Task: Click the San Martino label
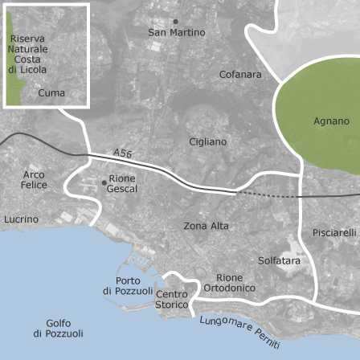point(177,33)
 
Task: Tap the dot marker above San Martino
point(176,21)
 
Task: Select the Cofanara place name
point(240,75)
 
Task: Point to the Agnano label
point(331,121)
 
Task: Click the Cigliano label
point(207,141)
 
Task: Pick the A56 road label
point(122,153)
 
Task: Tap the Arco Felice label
point(35,179)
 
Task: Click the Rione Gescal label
point(122,183)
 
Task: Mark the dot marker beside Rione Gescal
point(104,182)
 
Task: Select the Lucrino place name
point(21,219)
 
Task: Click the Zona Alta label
point(207,226)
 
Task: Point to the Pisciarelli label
point(334,233)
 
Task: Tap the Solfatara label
point(279,260)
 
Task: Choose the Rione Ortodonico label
point(230,282)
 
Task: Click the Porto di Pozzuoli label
point(128,286)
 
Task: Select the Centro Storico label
point(171,300)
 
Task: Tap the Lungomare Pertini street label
point(240,332)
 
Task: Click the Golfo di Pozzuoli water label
point(58,328)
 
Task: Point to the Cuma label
point(51,93)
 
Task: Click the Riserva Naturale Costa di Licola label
point(28,54)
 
